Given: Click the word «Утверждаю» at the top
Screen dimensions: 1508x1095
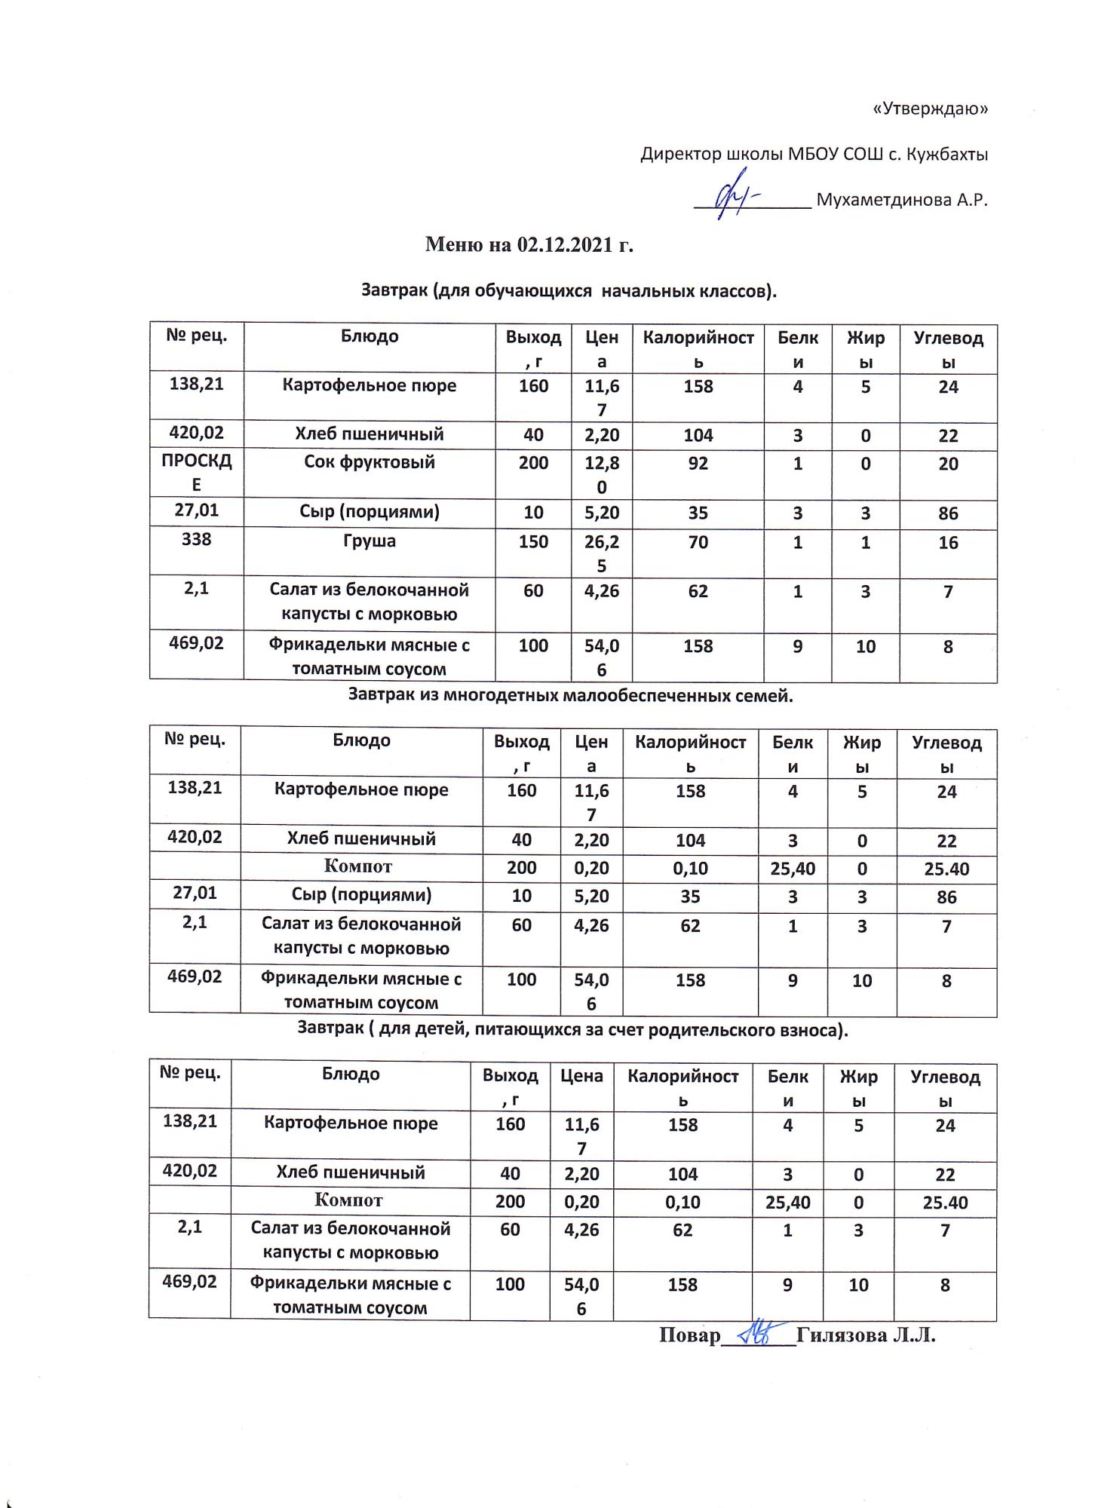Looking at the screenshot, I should coord(930,109).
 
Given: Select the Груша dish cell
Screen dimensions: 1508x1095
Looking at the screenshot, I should coord(369,541).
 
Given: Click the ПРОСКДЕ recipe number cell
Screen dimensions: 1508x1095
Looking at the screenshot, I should coord(196,473).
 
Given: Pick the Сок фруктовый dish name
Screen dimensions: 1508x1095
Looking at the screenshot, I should coord(369,462).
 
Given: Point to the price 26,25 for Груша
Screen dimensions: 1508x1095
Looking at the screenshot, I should coord(601,553).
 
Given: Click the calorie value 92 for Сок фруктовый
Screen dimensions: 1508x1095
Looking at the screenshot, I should coord(698,463).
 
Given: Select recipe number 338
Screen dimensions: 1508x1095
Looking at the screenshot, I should coord(196,540).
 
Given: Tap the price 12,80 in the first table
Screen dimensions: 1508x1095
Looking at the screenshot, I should coord(601,474).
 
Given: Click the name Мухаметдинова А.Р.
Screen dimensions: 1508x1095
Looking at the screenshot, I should coord(902,201).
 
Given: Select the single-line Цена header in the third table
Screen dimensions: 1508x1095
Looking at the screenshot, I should coord(581,1076).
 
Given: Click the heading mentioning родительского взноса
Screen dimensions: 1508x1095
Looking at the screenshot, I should coord(572,1029).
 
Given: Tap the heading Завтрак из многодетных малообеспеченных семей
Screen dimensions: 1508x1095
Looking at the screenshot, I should coord(570,696).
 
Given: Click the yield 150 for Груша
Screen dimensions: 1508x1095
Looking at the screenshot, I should coord(533,541).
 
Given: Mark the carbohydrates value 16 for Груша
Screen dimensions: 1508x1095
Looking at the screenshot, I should coord(948,543).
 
